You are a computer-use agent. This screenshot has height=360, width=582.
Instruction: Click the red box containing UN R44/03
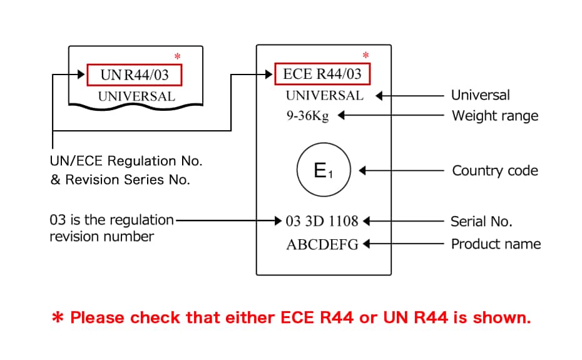click(136, 75)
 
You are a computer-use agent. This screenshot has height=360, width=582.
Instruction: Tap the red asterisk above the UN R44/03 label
click(177, 57)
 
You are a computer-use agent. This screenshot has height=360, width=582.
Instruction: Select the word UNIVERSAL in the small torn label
click(136, 96)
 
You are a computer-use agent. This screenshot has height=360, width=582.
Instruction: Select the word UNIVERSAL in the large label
click(324, 96)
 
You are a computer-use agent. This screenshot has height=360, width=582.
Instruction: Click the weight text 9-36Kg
click(307, 116)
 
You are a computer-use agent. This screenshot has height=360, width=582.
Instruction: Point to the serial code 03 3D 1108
click(322, 221)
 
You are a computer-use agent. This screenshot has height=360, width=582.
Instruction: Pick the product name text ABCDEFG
click(322, 244)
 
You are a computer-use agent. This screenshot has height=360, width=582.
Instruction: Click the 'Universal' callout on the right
click(480, 96)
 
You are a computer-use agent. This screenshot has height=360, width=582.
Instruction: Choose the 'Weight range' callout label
click(494, 116)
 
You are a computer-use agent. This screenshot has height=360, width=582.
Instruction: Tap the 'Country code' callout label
click(494, 170)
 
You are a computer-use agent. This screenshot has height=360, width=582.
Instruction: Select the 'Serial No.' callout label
click(481, 221)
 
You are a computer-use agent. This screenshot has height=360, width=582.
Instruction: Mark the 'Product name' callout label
click(496, 244)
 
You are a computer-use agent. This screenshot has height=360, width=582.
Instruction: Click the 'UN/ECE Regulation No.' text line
click(126, 161)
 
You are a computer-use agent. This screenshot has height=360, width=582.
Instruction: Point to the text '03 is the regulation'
click(111, 220)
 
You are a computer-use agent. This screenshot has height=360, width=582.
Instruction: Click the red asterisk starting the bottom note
click(58, 318)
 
